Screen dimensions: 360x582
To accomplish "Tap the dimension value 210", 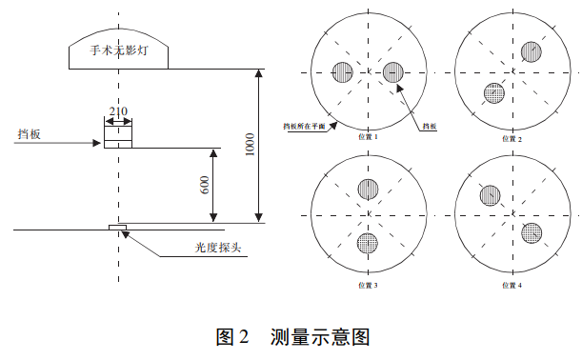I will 117,110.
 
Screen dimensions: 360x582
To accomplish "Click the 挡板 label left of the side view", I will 29,135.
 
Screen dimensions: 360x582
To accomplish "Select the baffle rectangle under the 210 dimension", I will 117,135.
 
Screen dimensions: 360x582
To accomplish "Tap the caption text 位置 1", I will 368,137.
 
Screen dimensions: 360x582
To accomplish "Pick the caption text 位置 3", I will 368,284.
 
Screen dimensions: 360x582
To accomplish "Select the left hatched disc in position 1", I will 343,70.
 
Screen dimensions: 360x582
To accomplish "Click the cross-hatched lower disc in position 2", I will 492,92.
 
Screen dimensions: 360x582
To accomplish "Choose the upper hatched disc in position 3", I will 368,190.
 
